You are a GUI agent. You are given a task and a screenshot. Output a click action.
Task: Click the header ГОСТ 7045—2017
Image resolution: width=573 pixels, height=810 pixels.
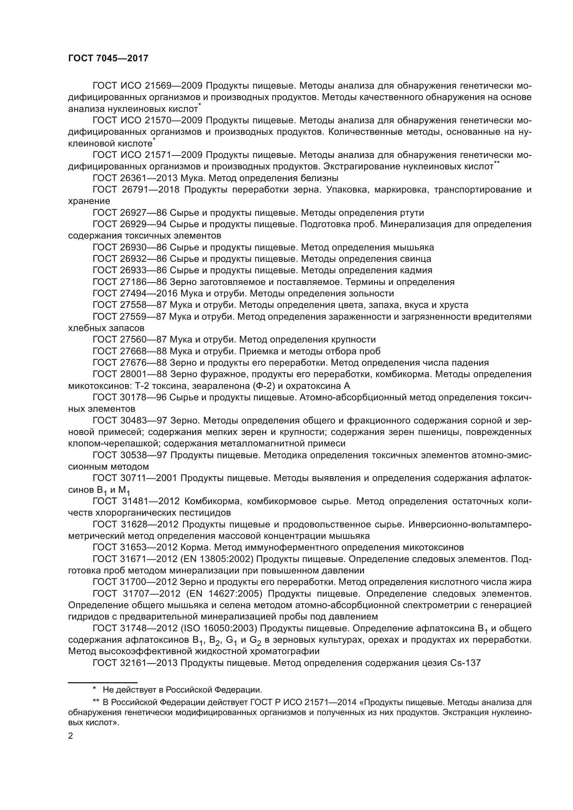pos(108,59)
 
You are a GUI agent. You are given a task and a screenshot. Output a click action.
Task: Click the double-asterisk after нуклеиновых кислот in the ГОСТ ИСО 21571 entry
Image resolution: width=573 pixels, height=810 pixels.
pos(497,163)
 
